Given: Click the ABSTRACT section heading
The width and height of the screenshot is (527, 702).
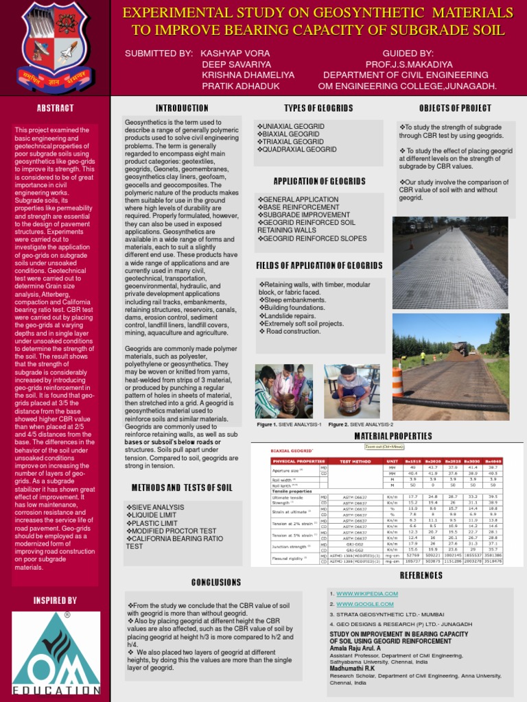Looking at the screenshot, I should click(55, 108).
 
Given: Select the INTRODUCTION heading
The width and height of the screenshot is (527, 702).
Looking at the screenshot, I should click(182, 108).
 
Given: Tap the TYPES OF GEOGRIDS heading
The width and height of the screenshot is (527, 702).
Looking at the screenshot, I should click(318, 108).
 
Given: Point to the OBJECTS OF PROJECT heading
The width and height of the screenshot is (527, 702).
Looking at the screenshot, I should click(455, 108).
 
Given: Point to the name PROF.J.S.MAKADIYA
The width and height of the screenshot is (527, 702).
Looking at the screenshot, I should click(407, 64).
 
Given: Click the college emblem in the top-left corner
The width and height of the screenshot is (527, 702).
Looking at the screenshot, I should click(56, 47).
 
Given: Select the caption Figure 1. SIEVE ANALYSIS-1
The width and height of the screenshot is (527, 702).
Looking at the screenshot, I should click(289, 425).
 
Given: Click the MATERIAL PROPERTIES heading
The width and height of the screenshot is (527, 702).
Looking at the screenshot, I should click(393, 436).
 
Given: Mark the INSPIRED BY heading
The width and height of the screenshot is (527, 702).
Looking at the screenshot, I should click(55, 601).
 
